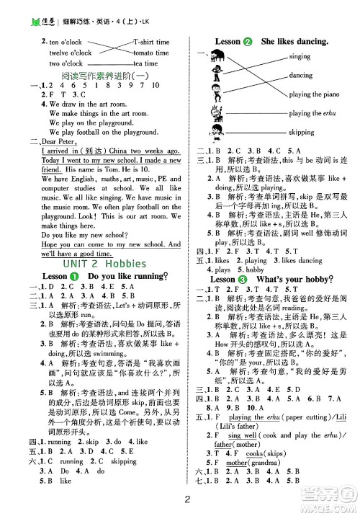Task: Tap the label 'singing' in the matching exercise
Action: point(299,56)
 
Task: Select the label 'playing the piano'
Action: point(315,94)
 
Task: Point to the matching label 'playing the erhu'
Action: point(312,114)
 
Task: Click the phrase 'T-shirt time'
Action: point(151,43)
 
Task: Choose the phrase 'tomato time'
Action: point(151,53)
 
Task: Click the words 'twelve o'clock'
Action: point(71,53)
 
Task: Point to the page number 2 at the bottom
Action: point(186,502)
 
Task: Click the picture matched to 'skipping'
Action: point(214,133)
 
